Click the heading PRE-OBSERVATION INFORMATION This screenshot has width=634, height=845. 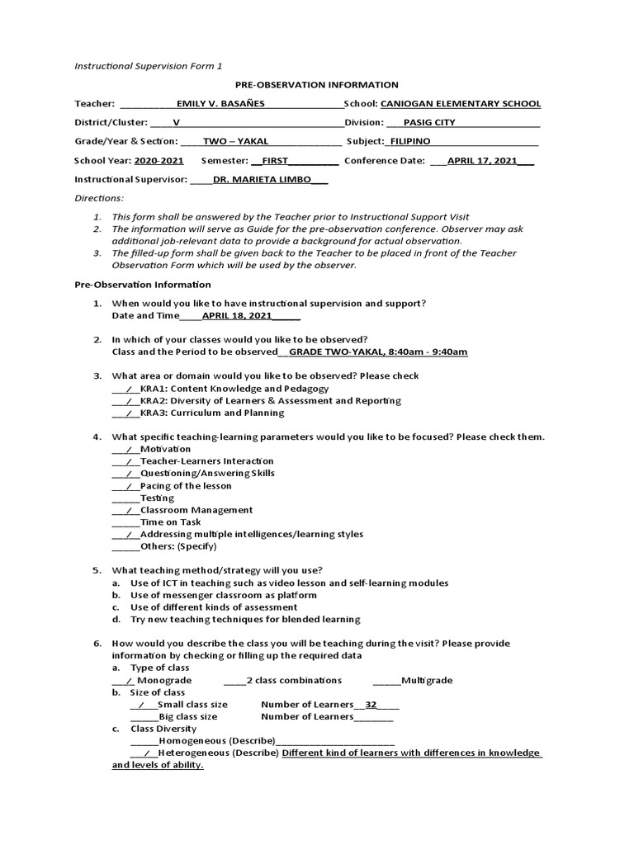[x=316, y=85]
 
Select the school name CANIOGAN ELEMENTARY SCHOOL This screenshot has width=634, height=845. [x=461, y=104]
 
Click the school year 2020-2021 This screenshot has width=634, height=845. [x=159, y=161]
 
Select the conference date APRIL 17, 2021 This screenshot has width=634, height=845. [x=482, y=161]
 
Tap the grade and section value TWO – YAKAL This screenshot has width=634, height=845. [x=235, y=141]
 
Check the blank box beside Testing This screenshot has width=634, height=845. [x=125, y=498]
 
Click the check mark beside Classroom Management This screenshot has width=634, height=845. [x=129, y=511]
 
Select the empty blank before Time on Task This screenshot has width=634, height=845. [x=125, y=522]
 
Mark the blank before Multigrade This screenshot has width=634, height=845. [x=386, y=681]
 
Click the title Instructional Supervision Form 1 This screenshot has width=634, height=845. [x=148, y=65]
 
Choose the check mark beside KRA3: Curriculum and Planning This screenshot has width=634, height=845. [x=129, y=413]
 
